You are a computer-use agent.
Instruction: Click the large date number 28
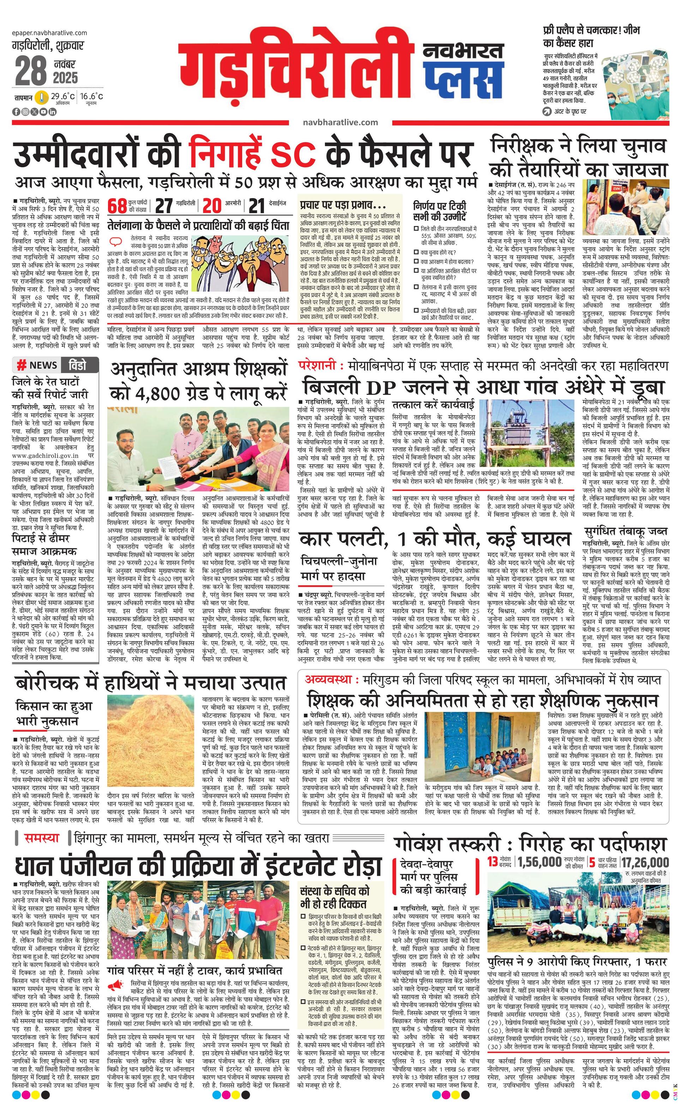click(31, 71)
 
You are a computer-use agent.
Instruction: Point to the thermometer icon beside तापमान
click(42, 97)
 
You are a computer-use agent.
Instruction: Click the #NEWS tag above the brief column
click(37, 365)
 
